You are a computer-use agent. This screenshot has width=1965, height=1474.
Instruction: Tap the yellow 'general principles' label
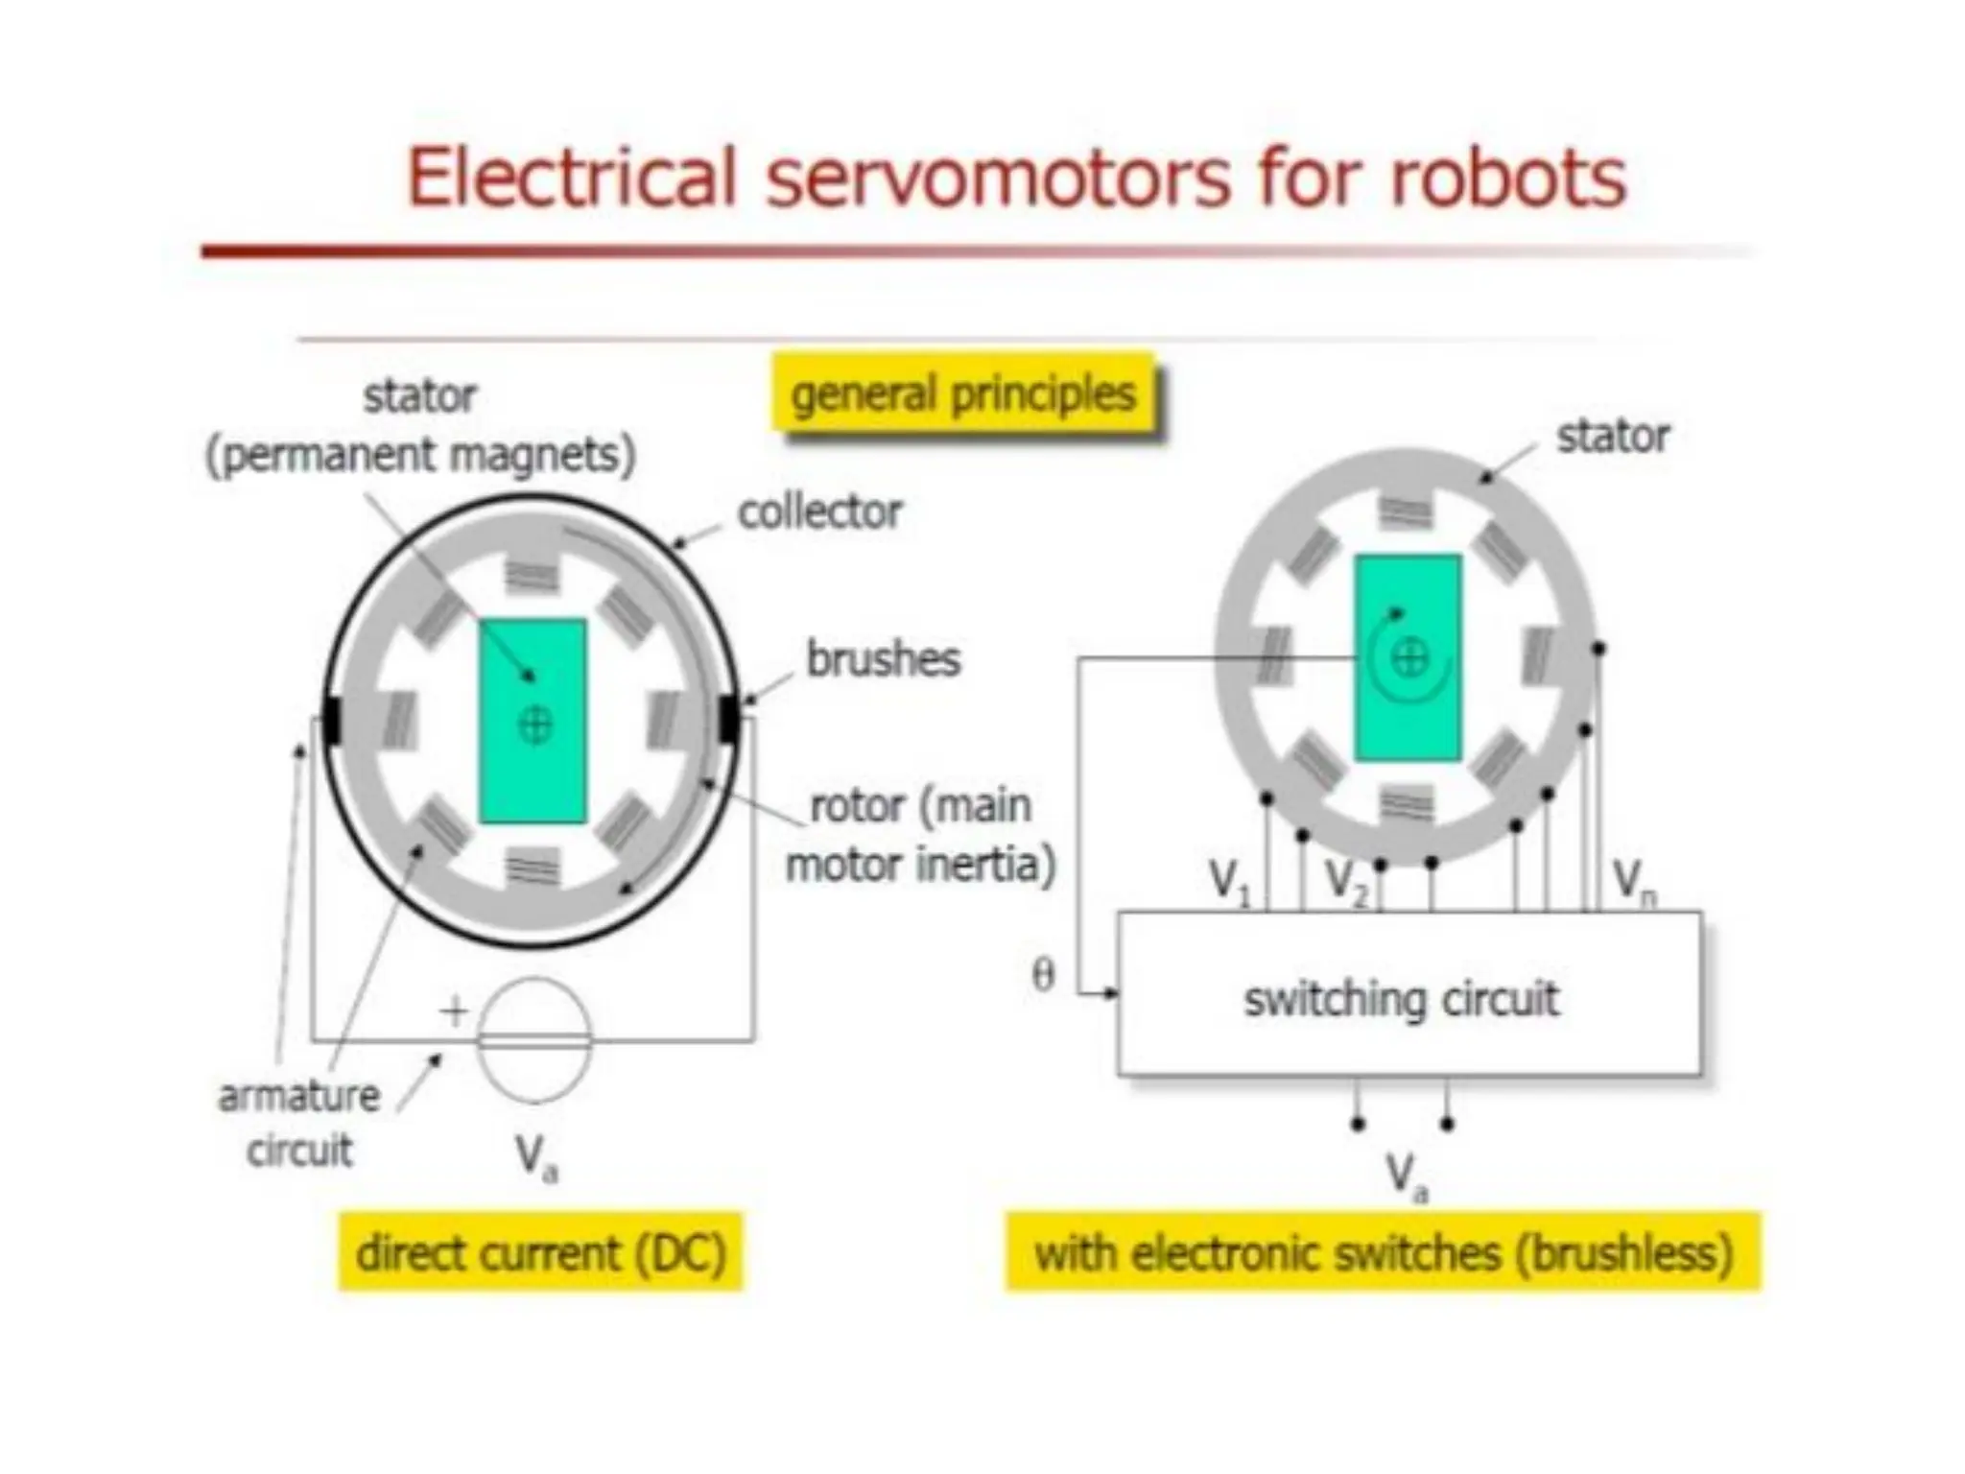click(962, 394)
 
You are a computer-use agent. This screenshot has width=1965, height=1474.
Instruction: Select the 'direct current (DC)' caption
click(540, 1253)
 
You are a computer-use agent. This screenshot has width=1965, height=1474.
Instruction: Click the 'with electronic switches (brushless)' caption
click(1383, 1253)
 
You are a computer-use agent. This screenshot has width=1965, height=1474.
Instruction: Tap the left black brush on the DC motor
click(332, 721)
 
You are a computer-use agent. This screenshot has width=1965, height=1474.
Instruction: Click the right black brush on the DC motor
click(728, 720)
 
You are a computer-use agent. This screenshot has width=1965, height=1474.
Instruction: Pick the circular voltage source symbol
click(534, 1040)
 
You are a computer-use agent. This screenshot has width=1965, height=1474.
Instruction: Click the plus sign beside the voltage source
click(454, 1010)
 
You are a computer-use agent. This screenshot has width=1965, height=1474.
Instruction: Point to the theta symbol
click(1043, 975)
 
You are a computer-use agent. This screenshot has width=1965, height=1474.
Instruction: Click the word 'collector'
click(819, 512)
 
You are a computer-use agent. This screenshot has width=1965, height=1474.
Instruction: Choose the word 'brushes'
click(883, 659)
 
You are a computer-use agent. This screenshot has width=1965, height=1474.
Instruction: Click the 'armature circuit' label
click(298, 1123)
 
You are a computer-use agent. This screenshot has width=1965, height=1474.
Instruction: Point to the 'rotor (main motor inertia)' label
click(920, 835)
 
